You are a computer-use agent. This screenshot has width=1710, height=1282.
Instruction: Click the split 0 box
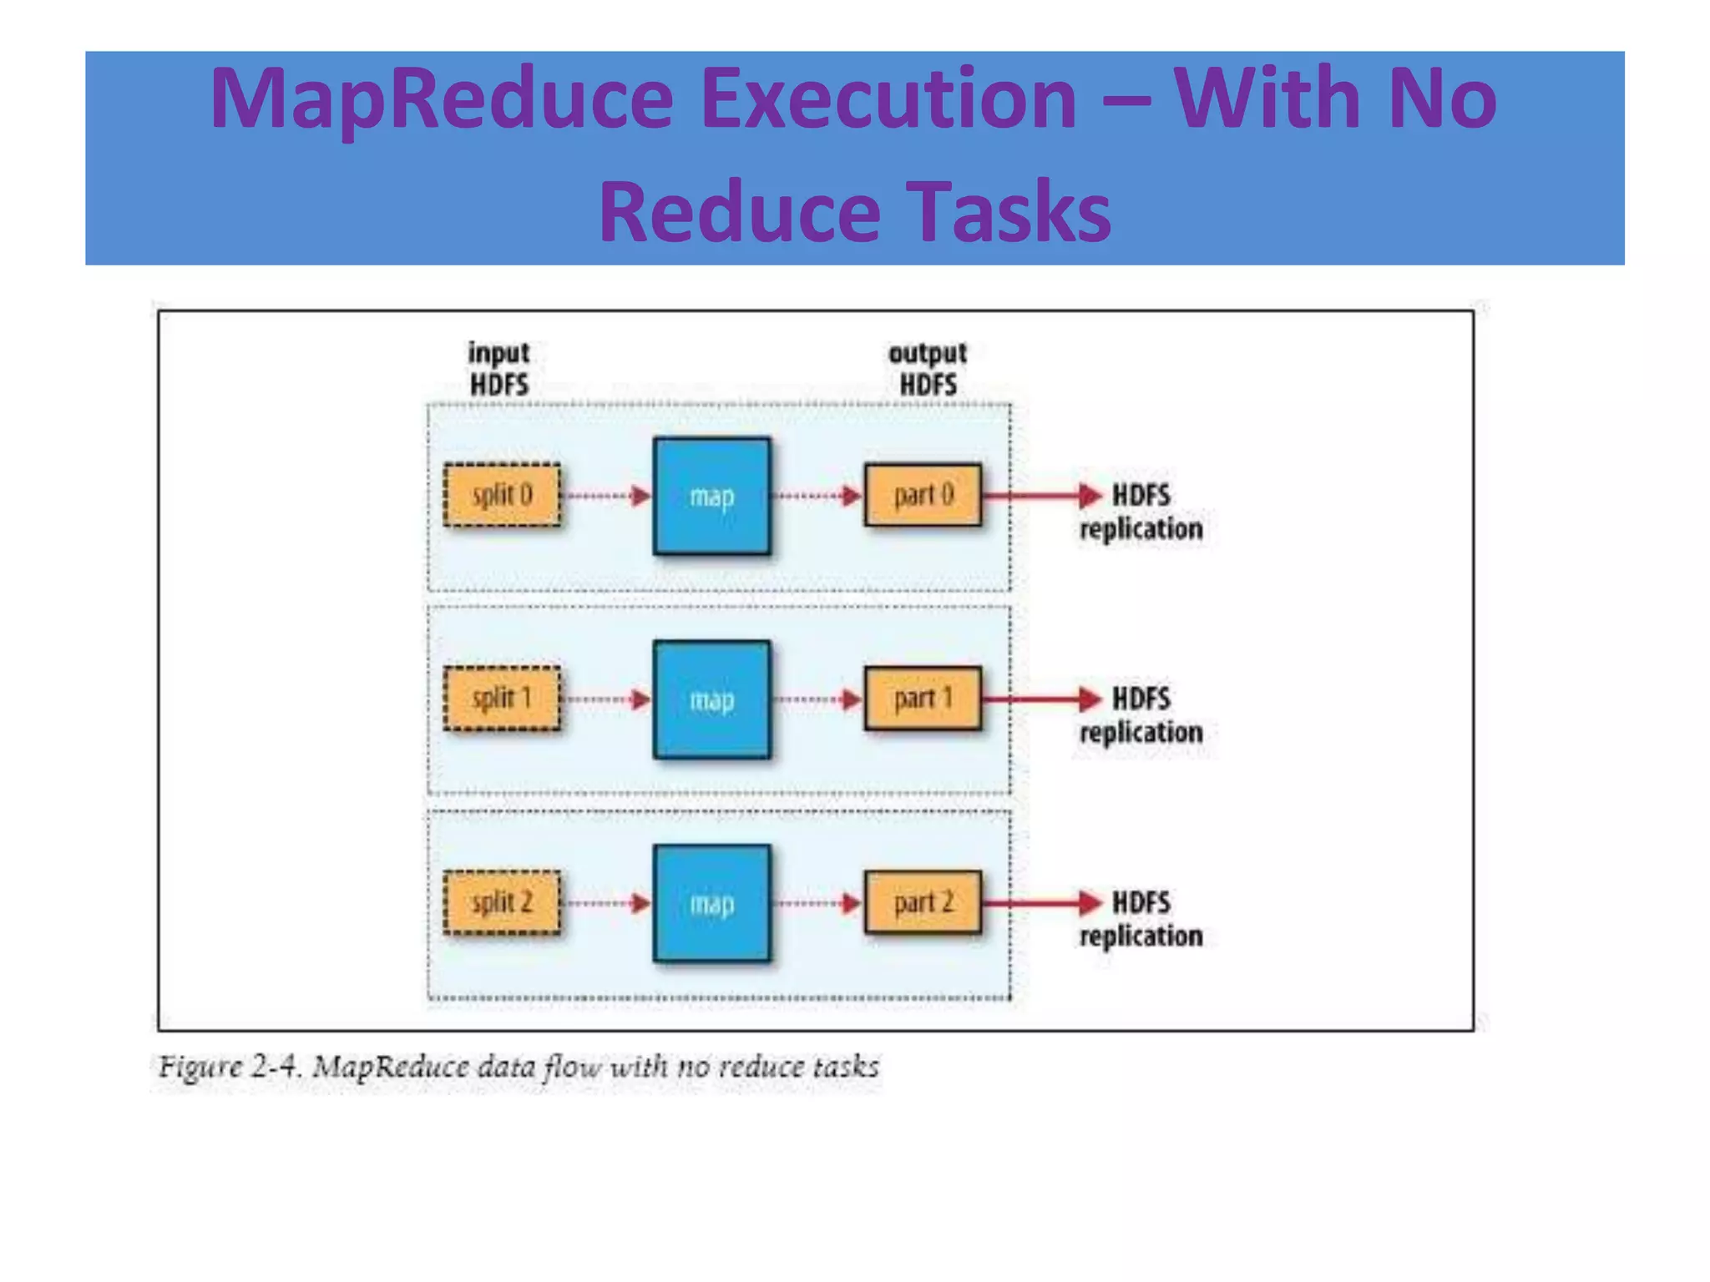[502, 495]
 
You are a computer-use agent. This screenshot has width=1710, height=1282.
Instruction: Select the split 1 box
[502, 699]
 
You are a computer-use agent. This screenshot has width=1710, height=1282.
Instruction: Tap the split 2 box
[502, 902]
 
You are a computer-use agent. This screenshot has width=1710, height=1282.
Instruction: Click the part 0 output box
[923, 495]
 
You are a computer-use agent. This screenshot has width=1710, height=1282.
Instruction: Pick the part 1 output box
[923, 699]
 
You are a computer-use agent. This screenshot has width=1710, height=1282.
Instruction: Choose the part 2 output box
[923, 902]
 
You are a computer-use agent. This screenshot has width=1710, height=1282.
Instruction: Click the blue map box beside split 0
[712, 496]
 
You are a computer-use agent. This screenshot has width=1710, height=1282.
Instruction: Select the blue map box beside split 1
[712, 699]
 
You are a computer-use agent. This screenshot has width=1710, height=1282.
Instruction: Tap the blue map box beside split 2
[712, 903]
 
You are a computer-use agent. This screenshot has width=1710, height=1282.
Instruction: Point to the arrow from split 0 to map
[607, 496]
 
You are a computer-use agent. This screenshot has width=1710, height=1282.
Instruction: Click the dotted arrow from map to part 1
[817, 699]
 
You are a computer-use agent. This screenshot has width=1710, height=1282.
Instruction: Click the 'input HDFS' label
[499, 368]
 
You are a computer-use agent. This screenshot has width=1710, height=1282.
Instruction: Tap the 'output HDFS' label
[928, 368]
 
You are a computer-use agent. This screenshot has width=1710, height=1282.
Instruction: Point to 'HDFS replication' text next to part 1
[1141, 715]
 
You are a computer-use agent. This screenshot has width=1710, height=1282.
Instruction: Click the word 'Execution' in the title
[888, 98]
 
